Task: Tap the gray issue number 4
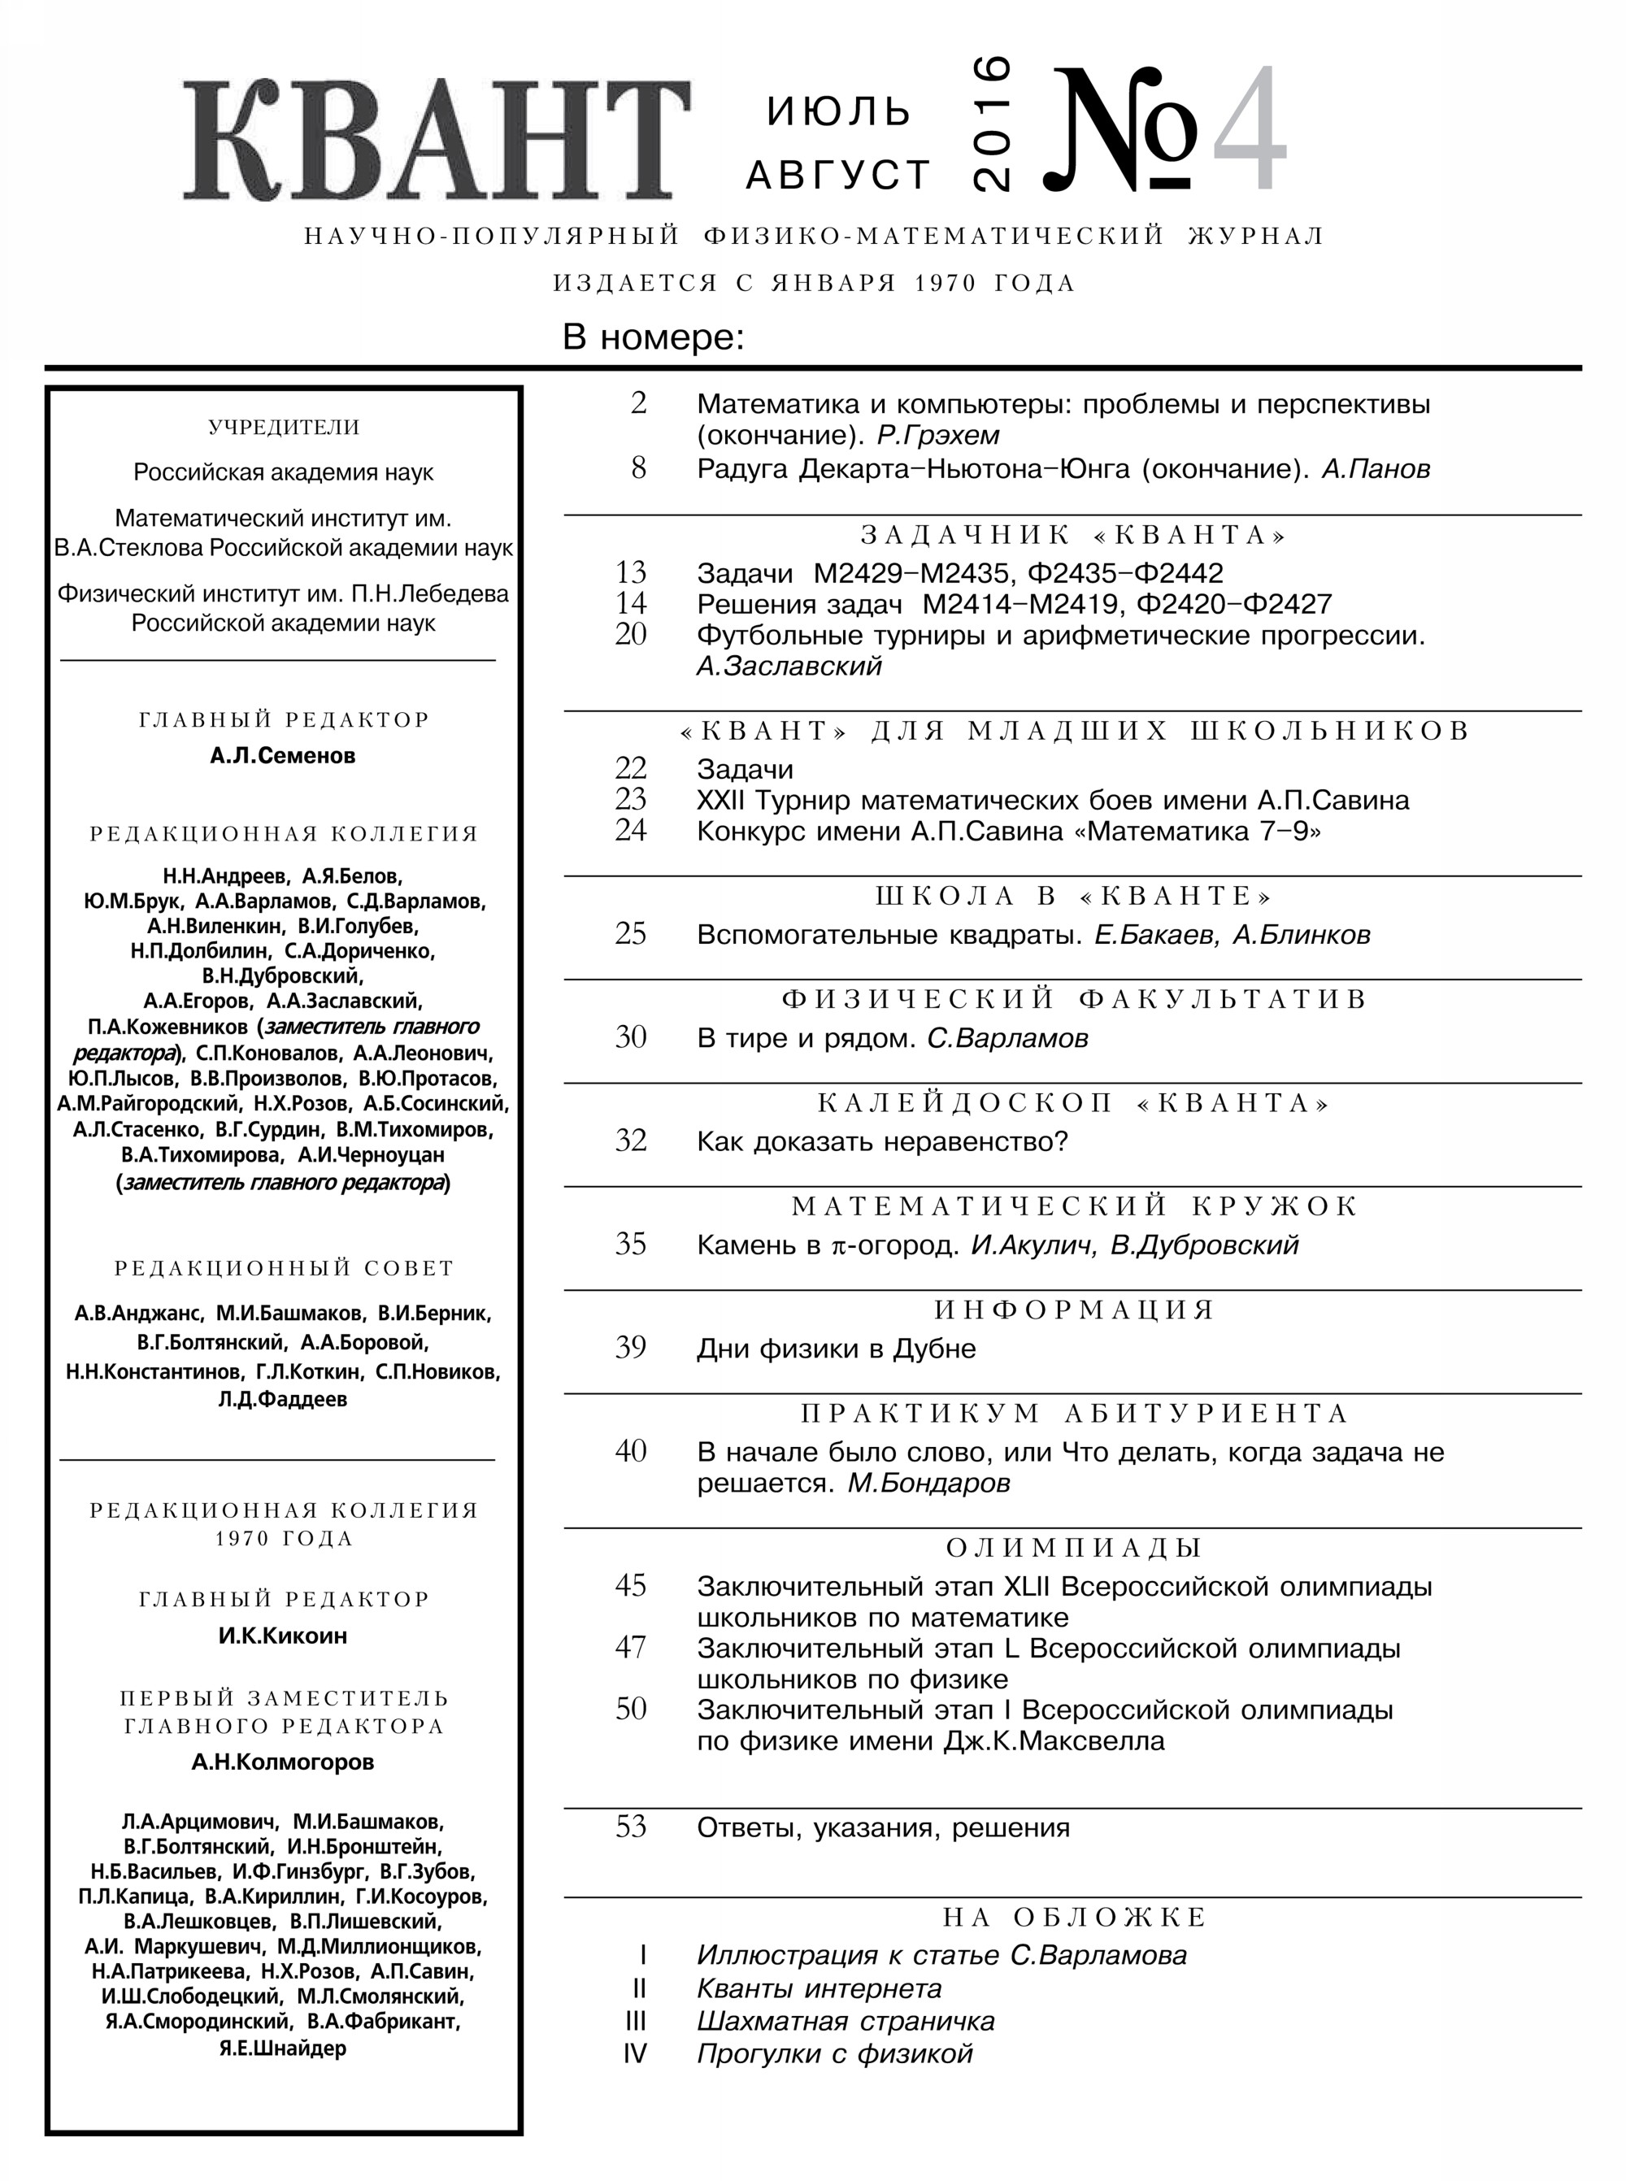pyautogui.click(x=1250, y=130)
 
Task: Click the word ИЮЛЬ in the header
pyautogui.click(x=838, y=112)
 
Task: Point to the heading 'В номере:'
pyautogui.click(x=653, y=337)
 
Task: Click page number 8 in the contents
pyautogui.click(x=639, y=467)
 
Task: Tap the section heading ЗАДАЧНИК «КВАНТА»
pyautogui.click(x=1073, y=534)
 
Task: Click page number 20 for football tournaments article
pyautogui.click(x=631, y=635)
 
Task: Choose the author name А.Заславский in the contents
pyautogui.click(x=789, y=667)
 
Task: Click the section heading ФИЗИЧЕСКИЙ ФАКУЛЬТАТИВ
pyautogui.click(x=1073, y=1000)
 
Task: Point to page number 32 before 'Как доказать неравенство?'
pyautogui.click(x=631, y=1140)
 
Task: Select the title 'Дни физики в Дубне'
pyautogui.click(x=837, y=1349)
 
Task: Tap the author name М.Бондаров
pyautogui.click(x=929, y=1484)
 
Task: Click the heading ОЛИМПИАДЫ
pyautogui.click(x=1073, y=1548)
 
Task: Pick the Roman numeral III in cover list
pyautogui.click(x=636, y=2022)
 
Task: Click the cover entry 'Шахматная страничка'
pyautogui.click(x=846, y=2022)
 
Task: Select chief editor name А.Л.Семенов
pyautogui.click(x=284, y=756)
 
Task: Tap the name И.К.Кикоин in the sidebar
pyautogui.click(x=284, y=1636)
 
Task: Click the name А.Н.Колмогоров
pyautogui.click(x=284, y=1762)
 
